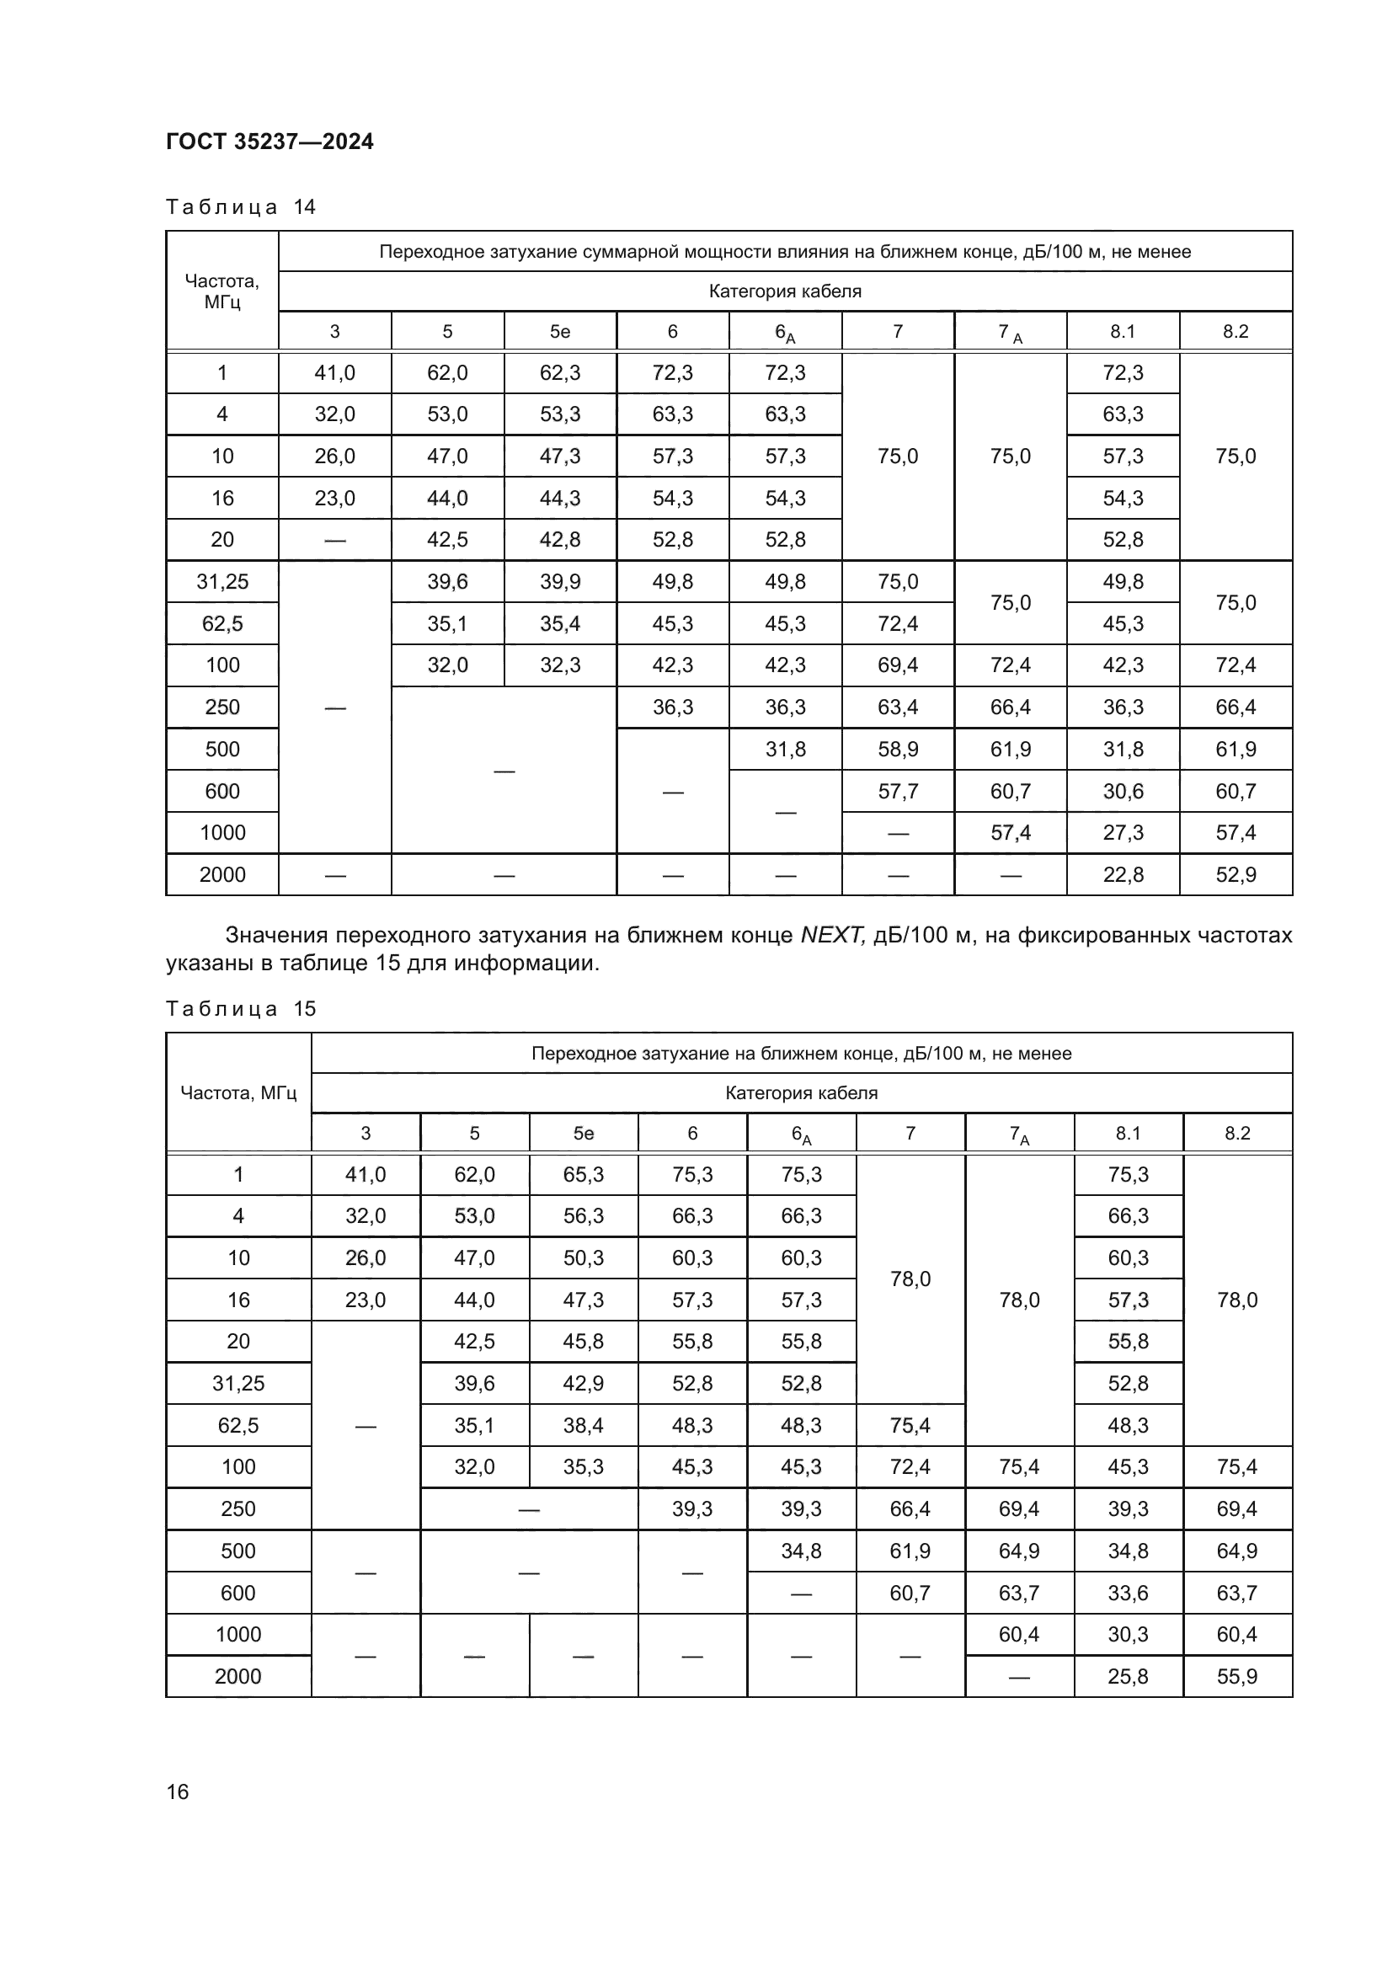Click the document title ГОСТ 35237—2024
coord(270,141)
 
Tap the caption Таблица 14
coord(240,207)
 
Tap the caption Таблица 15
coord(240,1008)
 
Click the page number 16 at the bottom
coord(178,1791)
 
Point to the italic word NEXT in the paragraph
coord(831,935)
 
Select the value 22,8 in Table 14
coord(1122,874)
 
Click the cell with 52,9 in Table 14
coord(1236,874)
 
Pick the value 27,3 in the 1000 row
coord(1122,832)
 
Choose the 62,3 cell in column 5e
coord(559,372)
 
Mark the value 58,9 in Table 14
coord(897,749)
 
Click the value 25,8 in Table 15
coord(1127,1676)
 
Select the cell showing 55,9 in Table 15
coord(1237,1676)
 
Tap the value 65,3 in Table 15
coord(583,1174)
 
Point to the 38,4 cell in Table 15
coord(583,1425)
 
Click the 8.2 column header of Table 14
coord(1236,331)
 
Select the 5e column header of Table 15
coord(583,1133)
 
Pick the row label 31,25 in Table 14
coord(222,582)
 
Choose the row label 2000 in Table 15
coord(238,1676)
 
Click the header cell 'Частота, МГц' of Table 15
coord(238,1092)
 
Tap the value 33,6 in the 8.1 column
coord(1127,1593)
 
